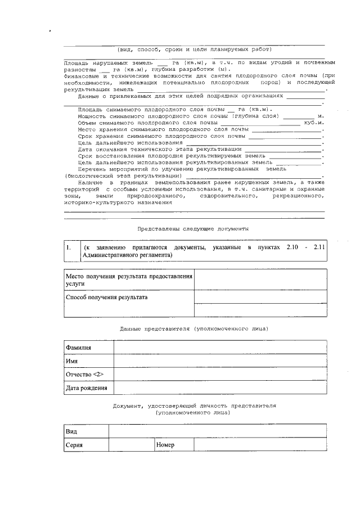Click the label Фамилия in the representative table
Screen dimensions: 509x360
78,348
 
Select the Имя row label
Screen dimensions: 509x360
71,361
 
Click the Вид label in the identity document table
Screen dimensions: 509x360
71,431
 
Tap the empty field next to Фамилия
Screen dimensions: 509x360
220,348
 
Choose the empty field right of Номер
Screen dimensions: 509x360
260,445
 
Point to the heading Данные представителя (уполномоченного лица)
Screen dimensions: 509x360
194,328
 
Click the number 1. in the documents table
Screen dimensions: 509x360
68,247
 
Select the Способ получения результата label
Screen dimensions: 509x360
107,298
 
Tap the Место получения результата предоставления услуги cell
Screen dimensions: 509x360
128,280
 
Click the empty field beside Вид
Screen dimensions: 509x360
217,431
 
